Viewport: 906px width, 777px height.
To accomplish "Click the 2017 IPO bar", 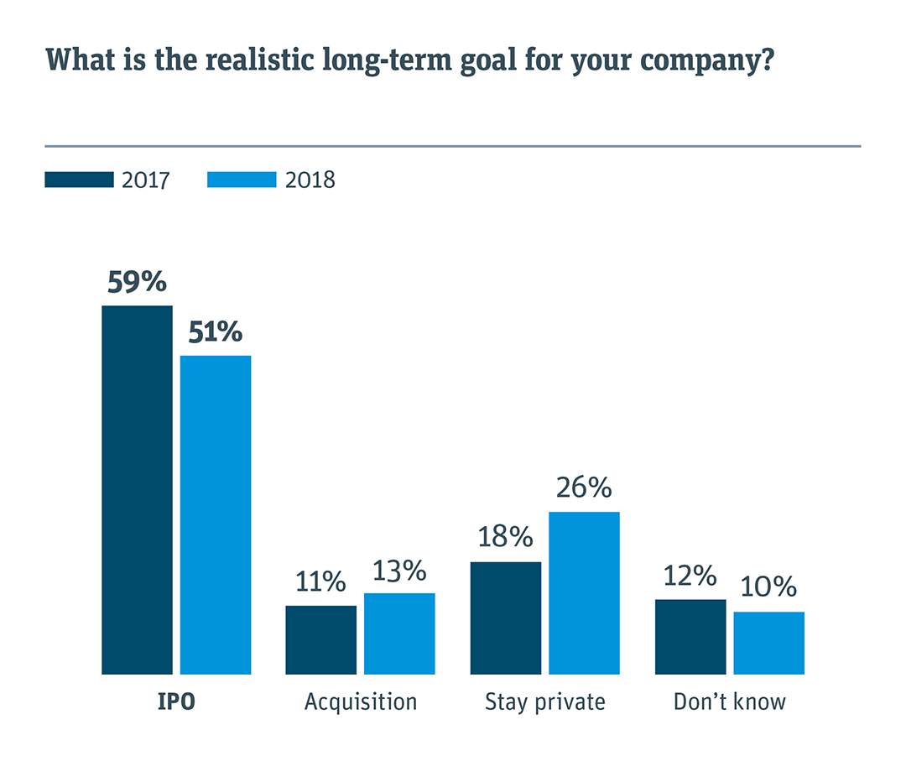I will [137, 489].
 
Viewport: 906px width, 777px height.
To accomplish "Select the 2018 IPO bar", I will [216, 514].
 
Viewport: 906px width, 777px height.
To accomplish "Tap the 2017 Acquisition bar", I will [320, 639].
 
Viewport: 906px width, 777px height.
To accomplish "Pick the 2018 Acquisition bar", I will [399, 634].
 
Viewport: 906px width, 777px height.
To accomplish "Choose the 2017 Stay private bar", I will [505, 618].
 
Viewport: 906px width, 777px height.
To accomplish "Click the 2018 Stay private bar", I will [584, 592].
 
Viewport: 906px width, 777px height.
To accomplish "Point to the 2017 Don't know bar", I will [690, 636].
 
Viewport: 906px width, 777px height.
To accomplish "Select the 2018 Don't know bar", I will [768, 643].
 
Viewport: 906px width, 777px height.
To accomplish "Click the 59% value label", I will [137, 282].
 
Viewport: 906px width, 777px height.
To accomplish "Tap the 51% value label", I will [215, 332].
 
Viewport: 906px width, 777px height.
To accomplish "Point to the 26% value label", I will [584, 488].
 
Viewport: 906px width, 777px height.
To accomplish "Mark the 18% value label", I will [505, 537].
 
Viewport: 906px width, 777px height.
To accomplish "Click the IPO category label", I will [176, 701].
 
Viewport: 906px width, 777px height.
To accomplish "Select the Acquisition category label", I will [360, 701].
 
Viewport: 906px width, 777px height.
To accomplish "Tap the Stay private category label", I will [544, 701].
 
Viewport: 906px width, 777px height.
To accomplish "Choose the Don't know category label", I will [729, 701].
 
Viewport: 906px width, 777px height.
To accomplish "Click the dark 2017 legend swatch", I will [79, 180].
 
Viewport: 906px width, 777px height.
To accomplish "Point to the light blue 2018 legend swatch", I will [242, 180].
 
